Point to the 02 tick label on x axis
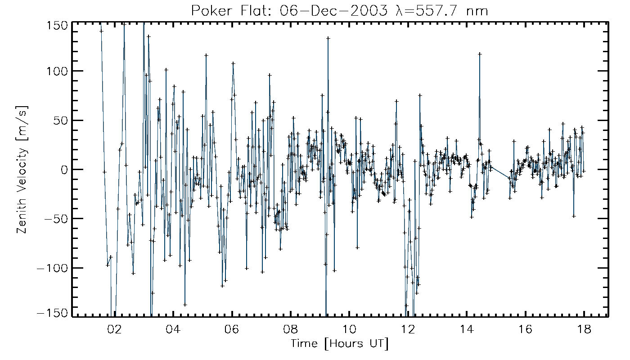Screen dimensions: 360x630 (x=115, y=329)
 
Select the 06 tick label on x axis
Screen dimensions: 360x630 (x=232, y=329)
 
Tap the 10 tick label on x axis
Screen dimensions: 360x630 (x=349, y=329)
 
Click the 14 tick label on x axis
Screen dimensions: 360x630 (x=467, y=329)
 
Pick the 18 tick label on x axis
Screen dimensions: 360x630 (x=584, y=329)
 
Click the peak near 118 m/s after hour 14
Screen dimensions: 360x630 (x=480, y=54)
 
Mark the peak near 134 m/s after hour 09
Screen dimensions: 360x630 (x=328, y=38)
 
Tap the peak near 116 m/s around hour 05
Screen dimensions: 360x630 (x=206, y=55)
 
